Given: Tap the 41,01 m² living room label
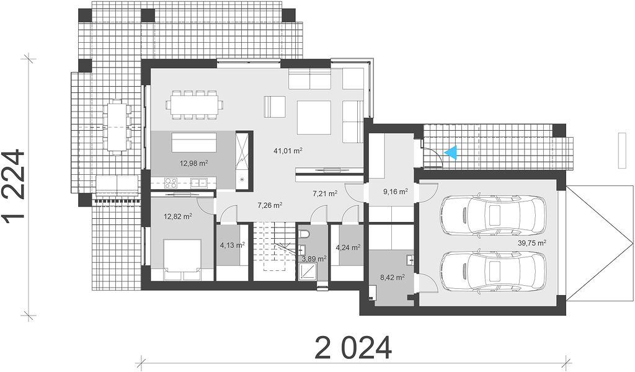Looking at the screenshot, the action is [x=288, y=151].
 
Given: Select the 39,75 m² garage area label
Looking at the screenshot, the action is [x=532, y=243].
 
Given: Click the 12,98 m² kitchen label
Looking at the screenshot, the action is [x=193, y=163].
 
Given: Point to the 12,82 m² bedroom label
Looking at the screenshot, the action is [x=178, y=216].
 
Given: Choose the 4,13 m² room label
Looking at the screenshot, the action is [x=232, y=245].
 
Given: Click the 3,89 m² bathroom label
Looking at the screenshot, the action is [x=314, y=259].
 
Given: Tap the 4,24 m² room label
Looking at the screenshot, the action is [x=349, y=247].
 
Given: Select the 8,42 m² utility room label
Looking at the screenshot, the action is [x=392, y=277].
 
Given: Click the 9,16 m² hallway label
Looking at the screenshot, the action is [x=395, y=192].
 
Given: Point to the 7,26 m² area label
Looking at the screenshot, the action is [x=270, y=205].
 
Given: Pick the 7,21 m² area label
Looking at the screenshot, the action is [x=325, y=193].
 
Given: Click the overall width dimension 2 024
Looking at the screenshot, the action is [x=353, y=348].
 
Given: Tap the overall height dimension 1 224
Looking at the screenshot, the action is [x=14, y=185].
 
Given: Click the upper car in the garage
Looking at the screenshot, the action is [x=493, y=215].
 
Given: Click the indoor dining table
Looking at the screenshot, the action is [x=194, y=105].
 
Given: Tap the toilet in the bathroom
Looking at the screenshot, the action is [x=304, y=234].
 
